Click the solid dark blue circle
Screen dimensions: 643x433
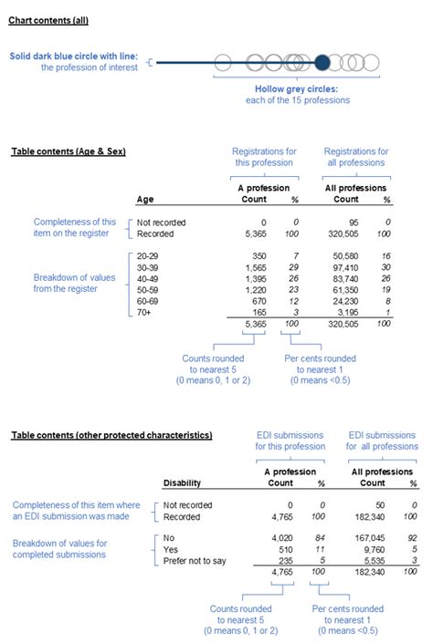pos(322,63)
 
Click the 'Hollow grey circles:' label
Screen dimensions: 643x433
pos(301,90)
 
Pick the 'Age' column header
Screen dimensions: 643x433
pos(145,199)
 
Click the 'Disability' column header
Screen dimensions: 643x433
pos(182,482)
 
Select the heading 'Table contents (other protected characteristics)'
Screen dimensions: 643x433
pos(111,436)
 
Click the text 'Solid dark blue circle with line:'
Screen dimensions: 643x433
pos(74,57)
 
